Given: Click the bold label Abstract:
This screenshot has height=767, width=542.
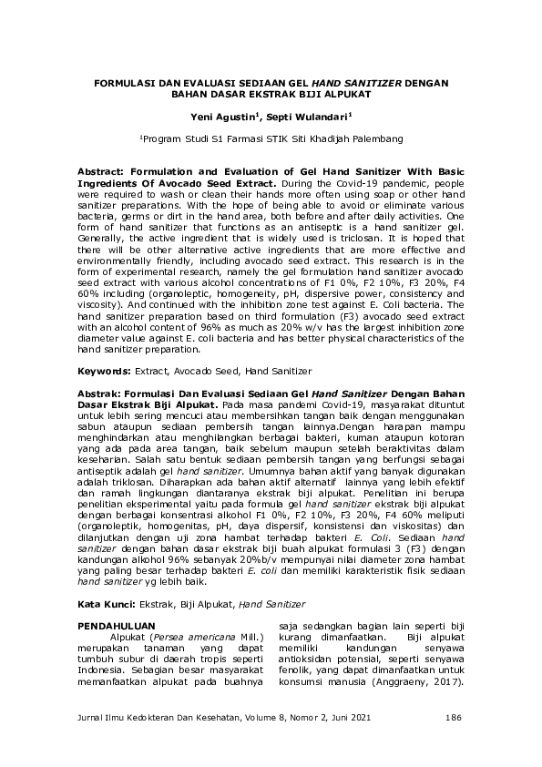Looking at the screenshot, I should pyautogui.click(x=105, y=170).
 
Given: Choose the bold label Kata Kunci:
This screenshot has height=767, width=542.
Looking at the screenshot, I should pyautogui.click(x=107, y=603).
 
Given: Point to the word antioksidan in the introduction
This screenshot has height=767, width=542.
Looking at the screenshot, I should pyautogui.click(x=310, y=660).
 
